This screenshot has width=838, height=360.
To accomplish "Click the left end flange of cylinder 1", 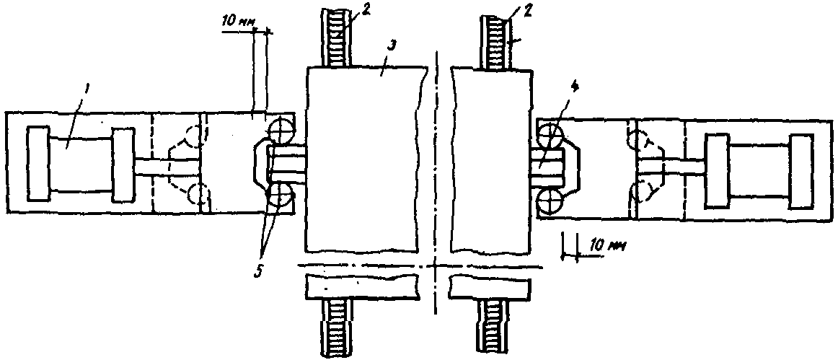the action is pyautogui.click(x=37, y=165).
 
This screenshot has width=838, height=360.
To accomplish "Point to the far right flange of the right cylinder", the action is pyautogui.click(x=801, y=171).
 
